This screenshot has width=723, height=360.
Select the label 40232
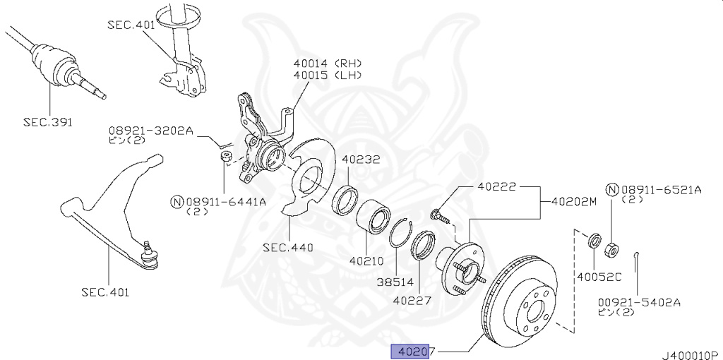(x=361, y=160)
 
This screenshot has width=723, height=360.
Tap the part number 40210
(x=366, y=260)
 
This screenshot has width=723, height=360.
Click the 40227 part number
(x=412, y=300)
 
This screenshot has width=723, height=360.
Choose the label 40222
(x=496, y=188)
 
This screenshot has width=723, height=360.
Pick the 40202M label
(x=570, y=202)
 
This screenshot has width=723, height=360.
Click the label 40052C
(x=597, y=278)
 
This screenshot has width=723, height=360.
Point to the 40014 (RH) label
(x=328, y=62)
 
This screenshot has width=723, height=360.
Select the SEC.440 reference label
(x=287, y=248)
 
